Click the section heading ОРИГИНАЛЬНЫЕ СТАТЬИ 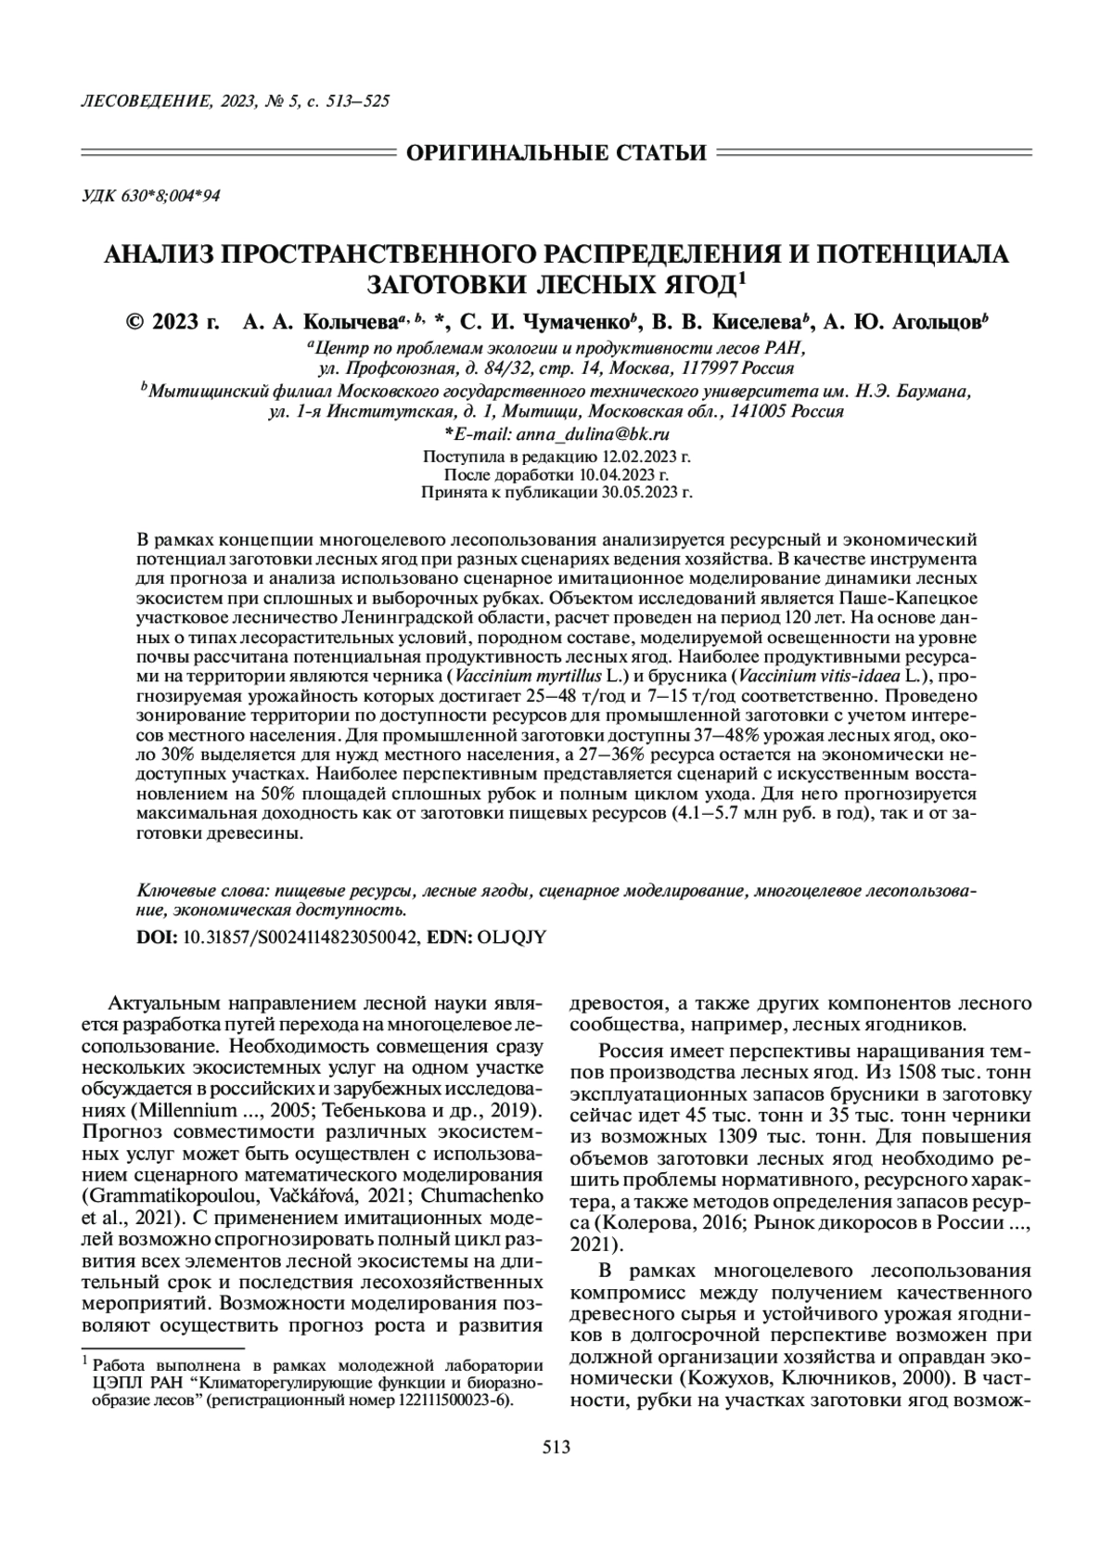coord(556,152)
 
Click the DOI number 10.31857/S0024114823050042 coord(300,937)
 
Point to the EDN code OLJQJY coord(511,937)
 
